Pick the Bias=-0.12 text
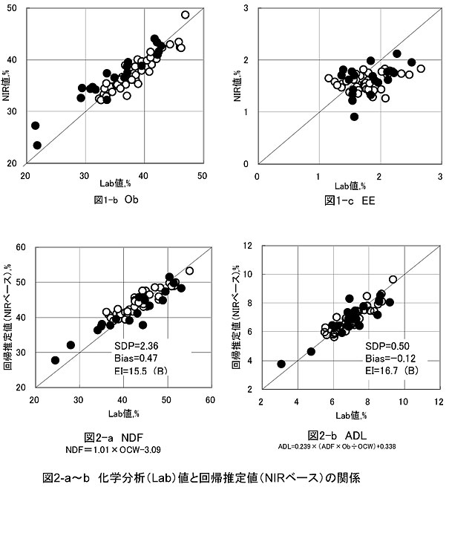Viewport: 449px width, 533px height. (387, 359)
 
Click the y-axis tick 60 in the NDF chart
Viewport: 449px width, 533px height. (22, 248)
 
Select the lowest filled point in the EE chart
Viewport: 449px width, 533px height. (354, 117)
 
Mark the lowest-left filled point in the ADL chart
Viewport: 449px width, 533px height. (281, 364)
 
